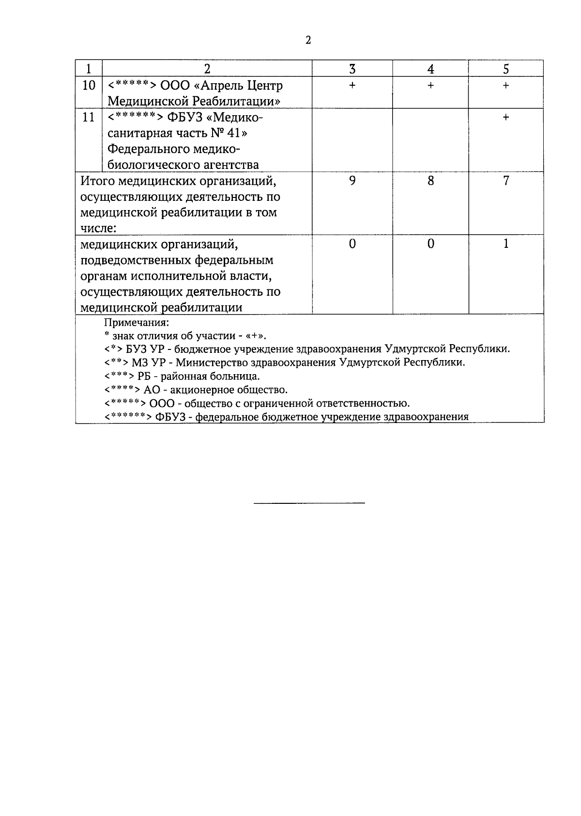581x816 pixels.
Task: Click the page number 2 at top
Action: (308, 41)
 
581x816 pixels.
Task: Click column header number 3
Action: (352, 69)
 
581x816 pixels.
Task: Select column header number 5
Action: (505, 69)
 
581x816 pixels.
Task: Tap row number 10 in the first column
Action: (89, 86)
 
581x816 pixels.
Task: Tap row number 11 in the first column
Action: (89, 117)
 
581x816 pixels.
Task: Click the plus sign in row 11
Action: (505, 117)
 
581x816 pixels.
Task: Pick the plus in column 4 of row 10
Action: (430, 86)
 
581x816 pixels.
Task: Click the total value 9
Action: (352, 181)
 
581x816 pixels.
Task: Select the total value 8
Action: (430, 181)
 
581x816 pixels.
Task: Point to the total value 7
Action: (506, 181)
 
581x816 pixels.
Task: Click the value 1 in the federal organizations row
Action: (506, 244)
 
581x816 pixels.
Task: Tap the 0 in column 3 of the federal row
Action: (352, 244)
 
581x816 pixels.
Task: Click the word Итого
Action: (97, 181)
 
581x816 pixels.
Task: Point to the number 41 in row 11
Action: (237, 133)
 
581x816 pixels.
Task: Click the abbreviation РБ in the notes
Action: (144, 376)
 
